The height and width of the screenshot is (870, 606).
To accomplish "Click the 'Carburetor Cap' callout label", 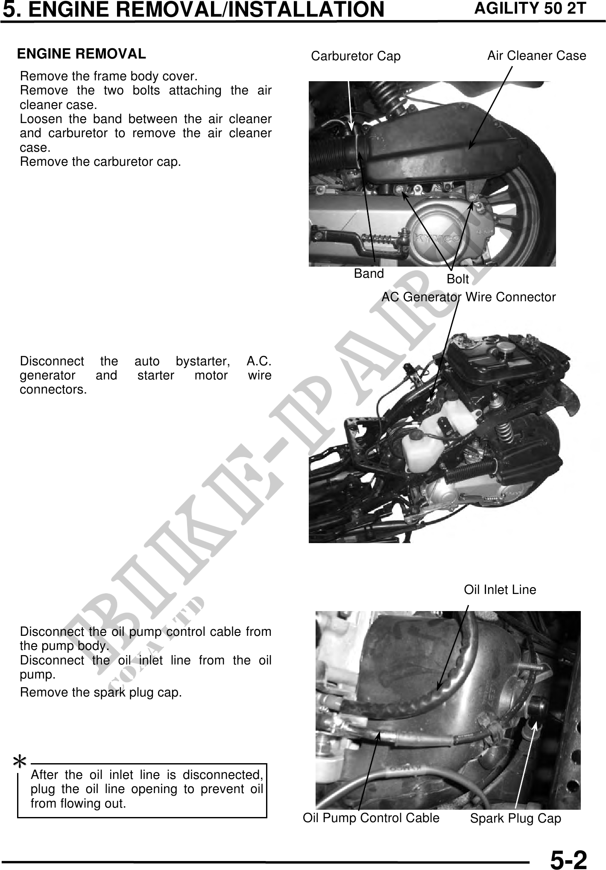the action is click(x=356, y=56).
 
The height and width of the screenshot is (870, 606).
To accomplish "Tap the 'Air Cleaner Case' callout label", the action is click(x=537, y=56).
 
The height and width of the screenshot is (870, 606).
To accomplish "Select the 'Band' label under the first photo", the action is click(x=369, y=273).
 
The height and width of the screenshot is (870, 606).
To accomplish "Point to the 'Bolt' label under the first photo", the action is click(x=458, y=279).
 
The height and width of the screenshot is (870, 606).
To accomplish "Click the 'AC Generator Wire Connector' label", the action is click(x=468, y=297).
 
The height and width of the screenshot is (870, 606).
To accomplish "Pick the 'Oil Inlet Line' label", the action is click(x=500, y=590).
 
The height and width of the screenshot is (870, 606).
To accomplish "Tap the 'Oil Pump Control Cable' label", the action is click(x=371, y=818).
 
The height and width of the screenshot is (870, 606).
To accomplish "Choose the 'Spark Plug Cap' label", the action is click(x=515, y=819).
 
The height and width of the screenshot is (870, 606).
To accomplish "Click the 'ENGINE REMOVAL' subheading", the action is click(x=81, y=54).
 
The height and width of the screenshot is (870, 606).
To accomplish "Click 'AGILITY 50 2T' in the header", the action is click(x=530, y=9).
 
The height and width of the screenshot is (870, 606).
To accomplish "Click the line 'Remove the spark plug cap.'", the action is click(x=101, y=693).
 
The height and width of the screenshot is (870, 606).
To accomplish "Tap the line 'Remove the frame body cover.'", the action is click(x=109, y=76).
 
